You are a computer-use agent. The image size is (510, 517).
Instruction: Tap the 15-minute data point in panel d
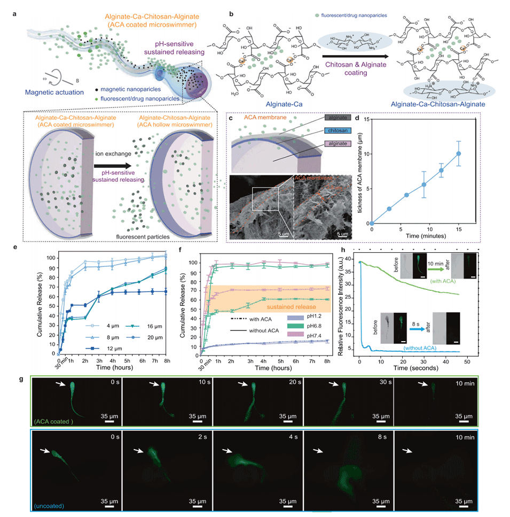(x=458, y=154)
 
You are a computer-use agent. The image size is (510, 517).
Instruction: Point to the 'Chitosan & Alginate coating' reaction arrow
(x=348, y=53)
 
